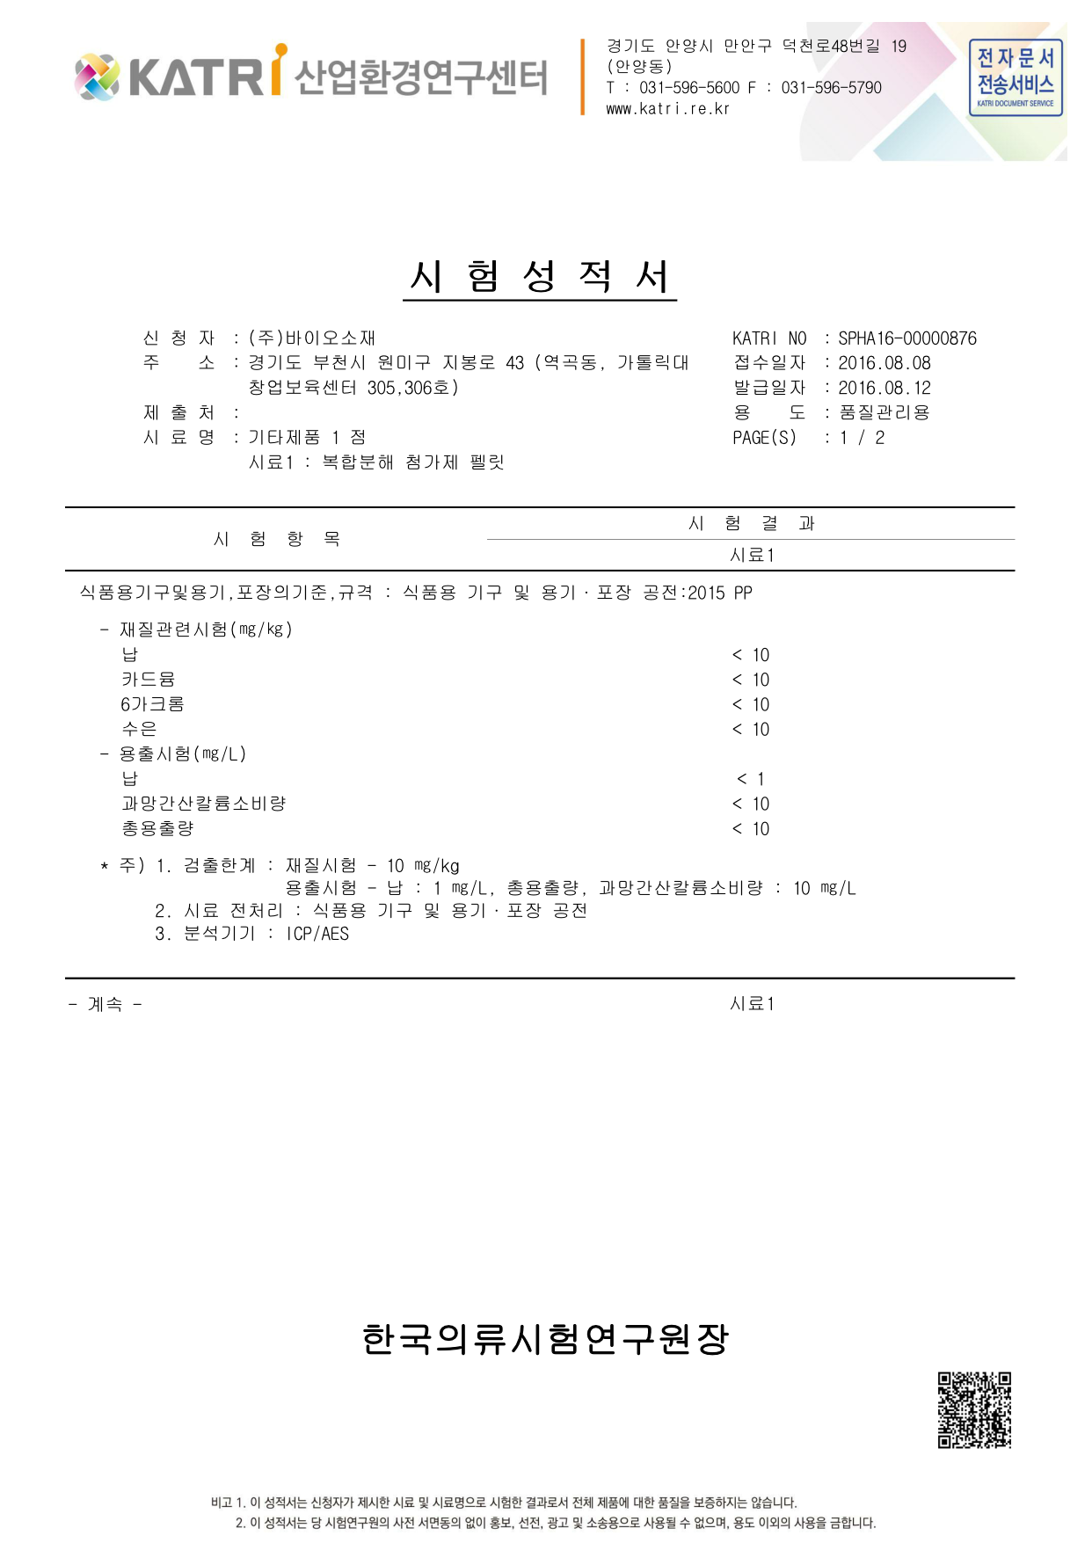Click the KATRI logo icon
(97, 76)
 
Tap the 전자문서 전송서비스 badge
(1016, 77)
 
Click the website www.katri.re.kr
(667, 109)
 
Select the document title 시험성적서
(540, 276)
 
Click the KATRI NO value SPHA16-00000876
(906, 338)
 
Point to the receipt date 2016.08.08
(884, 363)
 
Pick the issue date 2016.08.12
(884, 388)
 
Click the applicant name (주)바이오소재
(312, 338)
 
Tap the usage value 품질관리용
(884, 412)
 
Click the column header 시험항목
(276, 539)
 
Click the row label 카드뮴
(148, 680)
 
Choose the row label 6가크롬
(152, 704)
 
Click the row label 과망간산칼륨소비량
(203, 804)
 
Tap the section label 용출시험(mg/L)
(182, 754)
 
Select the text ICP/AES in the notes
(317, 934)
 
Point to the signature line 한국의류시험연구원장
(545, 1339)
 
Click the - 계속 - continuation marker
(105, 1004)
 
